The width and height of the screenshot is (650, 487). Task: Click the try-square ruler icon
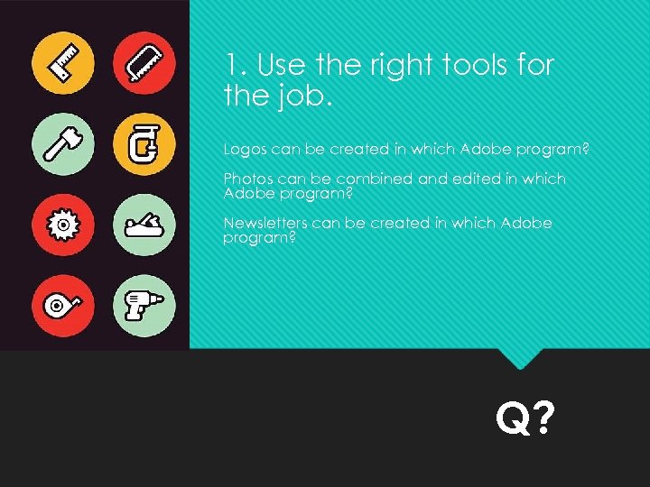point(63,63)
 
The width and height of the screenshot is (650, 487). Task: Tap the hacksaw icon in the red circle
point(144,63)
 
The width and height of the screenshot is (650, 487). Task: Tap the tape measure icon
point(63,305)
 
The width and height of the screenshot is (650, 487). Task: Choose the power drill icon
point(144,305)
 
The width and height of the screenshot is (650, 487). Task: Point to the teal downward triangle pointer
point(520,358)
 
